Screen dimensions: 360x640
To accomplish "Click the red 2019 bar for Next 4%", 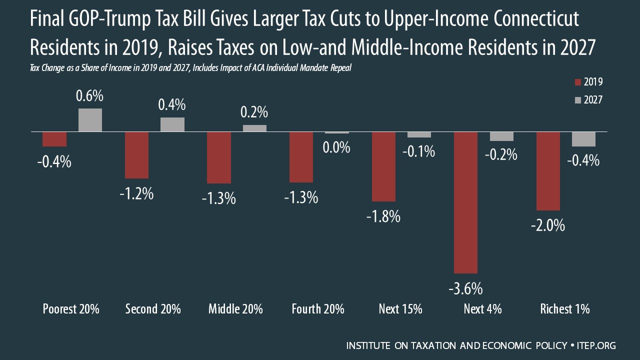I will click(465, 202).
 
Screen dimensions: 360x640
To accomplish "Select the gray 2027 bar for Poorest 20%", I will click(90, 120).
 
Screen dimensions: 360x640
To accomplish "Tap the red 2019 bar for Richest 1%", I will click(548, 171).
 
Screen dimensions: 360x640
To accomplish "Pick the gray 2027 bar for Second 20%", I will click(172, 124).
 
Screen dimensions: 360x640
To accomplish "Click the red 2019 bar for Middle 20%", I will click(219, 157).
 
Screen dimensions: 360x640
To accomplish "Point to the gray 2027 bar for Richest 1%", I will click(583, 139).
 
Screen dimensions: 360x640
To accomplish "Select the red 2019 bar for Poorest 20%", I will click(54, 139).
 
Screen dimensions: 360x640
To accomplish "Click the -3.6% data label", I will click(465, 288).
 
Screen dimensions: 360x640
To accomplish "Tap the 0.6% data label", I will click(90, 96).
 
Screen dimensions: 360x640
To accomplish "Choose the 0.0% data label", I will click(336, 148).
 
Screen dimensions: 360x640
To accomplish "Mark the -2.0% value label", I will click(548, 225).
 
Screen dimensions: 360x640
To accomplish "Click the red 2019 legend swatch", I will click(578, 82).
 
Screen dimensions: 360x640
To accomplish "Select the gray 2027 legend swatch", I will click(578, 100).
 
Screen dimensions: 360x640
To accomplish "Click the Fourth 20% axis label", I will click(318, 309).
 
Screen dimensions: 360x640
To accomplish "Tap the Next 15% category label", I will click(400, 309).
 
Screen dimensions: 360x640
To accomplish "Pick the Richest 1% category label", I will click(565, 309).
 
